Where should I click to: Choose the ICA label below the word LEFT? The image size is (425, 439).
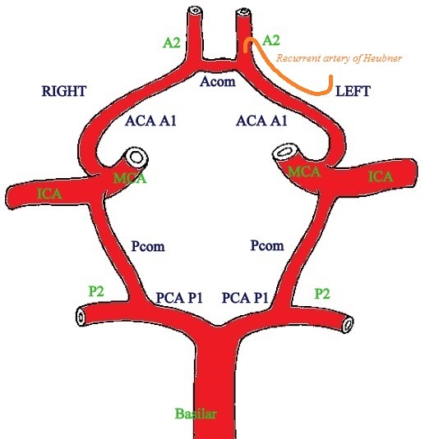click(380, 176)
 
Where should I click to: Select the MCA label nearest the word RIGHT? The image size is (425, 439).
click(129, 178)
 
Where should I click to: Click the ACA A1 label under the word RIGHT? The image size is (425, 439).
click(152, 121)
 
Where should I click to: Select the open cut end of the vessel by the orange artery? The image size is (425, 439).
click(243, 13)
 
